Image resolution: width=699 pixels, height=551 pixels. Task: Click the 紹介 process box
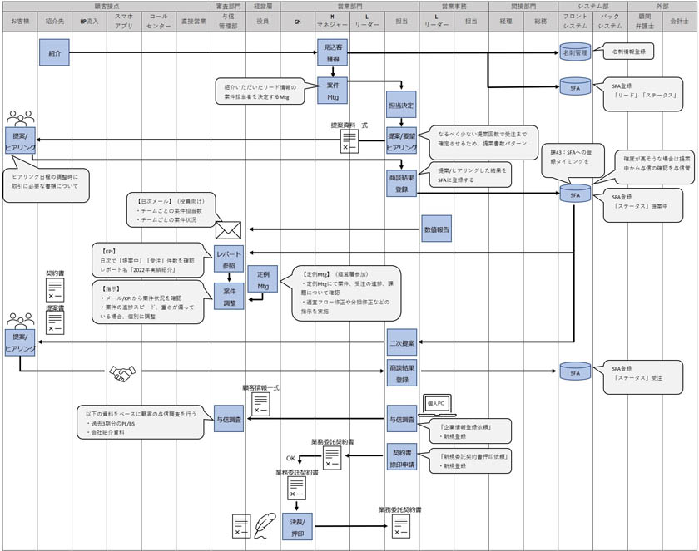click(x=52, y=54)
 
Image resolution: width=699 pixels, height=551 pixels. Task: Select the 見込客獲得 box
click(x=332, y=54)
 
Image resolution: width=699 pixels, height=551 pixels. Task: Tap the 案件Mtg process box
click(x=332, y=91)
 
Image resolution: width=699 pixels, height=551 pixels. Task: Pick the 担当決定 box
click(x=401, y=106)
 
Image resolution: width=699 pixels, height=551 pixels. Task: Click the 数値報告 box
click(x=436, y=229)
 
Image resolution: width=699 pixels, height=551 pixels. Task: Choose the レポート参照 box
click(x=229, y=258)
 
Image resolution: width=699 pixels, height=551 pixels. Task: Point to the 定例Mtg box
click(x=262, y=280)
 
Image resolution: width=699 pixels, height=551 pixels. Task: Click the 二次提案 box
click(x=401, y=342)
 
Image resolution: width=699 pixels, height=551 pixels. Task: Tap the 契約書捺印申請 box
click(x=401, y=456)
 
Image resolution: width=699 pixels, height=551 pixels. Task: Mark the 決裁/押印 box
click(x=297, y=526)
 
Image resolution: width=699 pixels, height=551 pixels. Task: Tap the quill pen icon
click(x=265, y=524)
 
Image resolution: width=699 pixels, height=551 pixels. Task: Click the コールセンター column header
click(x=157, y=21)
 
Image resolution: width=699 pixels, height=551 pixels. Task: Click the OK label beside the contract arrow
click(x=291, y=456)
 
